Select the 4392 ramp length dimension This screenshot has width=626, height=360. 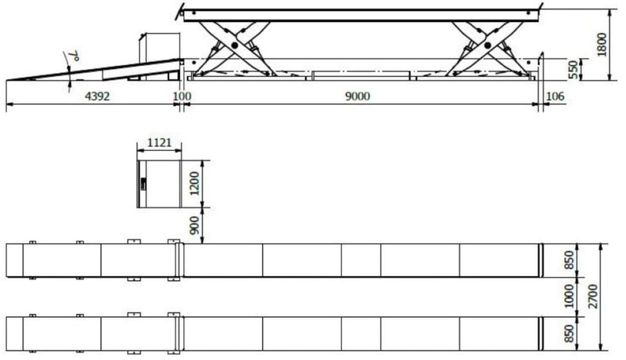point(97,96)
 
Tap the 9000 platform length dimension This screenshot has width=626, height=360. point(358,96)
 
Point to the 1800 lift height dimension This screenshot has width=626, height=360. point(602,45)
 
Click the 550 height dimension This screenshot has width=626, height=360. point(573,70)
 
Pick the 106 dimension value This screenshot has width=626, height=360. point(556,96)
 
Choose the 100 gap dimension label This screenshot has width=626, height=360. point(182,96)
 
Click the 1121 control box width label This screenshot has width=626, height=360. point(160,142)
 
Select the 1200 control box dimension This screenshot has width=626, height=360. point(194,183)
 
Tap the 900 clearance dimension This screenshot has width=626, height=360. point(194,225)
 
